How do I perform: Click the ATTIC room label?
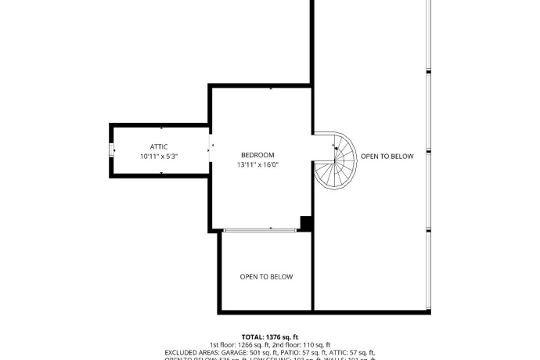pyautogui.click(x=159, y=146)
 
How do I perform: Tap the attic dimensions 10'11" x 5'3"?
pyautogui.click(x=159, y=157)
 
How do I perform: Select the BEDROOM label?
pyautogui.click(x=257, y=155)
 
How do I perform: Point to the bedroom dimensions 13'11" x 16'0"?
pyautogui.click(x=257, y=165)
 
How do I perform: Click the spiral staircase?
pyautogui.click(x=335, y=160)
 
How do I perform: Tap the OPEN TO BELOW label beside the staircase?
pyautogui.click(x=387, y=157)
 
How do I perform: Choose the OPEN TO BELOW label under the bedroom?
pyautogui.click(x=266, y=276)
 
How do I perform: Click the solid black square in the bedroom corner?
pyautogui.click(x=307, y=223)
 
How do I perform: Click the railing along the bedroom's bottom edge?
pyautogui.click(x=259, y=229)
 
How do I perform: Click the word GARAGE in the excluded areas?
pyautogui.click(x=234, y=353)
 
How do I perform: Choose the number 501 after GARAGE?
pyautogui.click(x=256, y=353)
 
